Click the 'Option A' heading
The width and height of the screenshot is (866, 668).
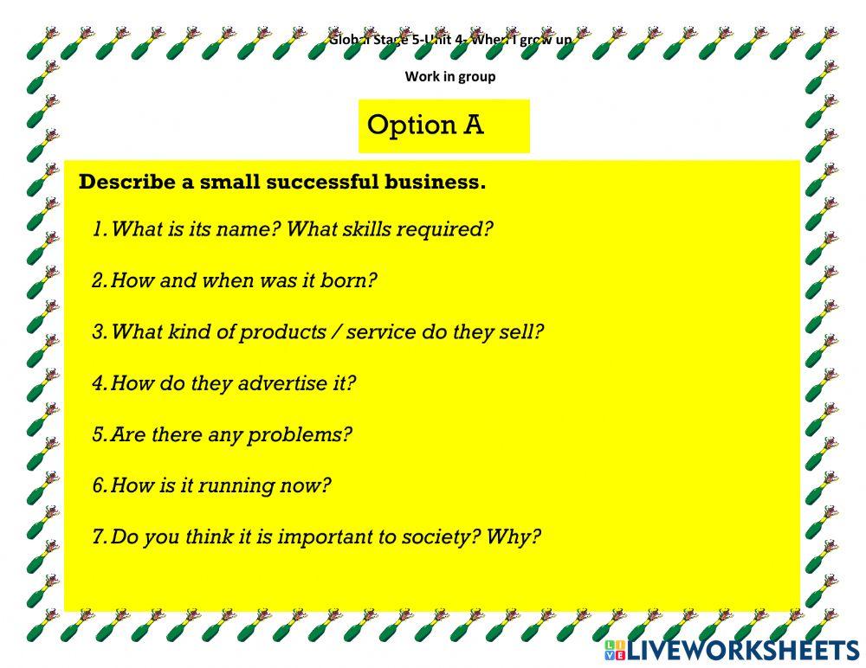425,125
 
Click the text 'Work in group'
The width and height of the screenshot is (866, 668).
450,76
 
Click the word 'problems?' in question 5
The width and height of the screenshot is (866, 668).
300,434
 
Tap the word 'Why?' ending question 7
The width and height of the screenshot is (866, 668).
514,536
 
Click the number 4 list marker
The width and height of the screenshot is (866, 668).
99,383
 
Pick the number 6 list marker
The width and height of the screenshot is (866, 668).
99,485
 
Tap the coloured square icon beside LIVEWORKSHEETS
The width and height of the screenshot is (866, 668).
614,651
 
